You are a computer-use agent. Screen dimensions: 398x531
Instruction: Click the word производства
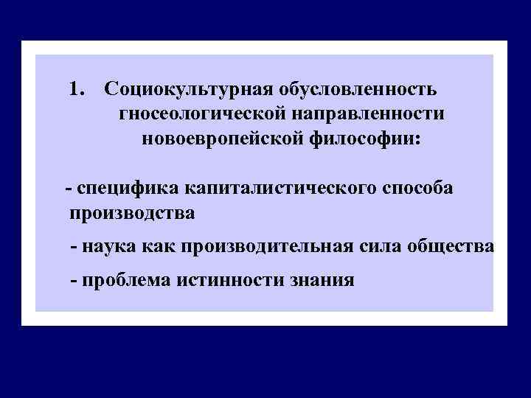pos(132,214)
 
